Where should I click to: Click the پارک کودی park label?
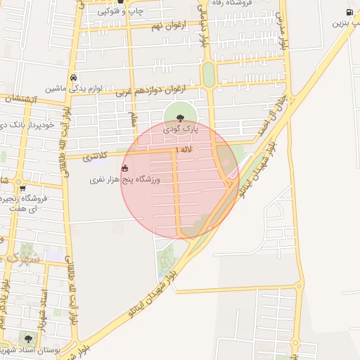(181, 130)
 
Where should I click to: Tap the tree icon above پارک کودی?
(181, 119)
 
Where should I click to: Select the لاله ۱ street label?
(184, 150)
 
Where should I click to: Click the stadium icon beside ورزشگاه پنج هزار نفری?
(125, 168)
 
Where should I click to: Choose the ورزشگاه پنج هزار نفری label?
(125, 180)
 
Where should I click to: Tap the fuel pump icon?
(349, 12)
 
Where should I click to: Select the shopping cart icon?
(23, 188)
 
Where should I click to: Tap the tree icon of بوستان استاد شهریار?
(28, 339)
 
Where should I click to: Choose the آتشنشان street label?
(16, 99)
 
